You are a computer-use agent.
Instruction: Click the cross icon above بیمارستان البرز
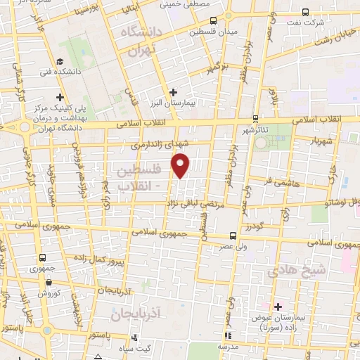(173, 92)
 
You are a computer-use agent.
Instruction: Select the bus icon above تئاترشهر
(255, 120)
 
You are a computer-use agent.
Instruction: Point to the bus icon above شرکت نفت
(304, 12)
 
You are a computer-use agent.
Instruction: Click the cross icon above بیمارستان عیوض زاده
(278, 307)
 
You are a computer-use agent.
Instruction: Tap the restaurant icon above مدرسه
(226, 335)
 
